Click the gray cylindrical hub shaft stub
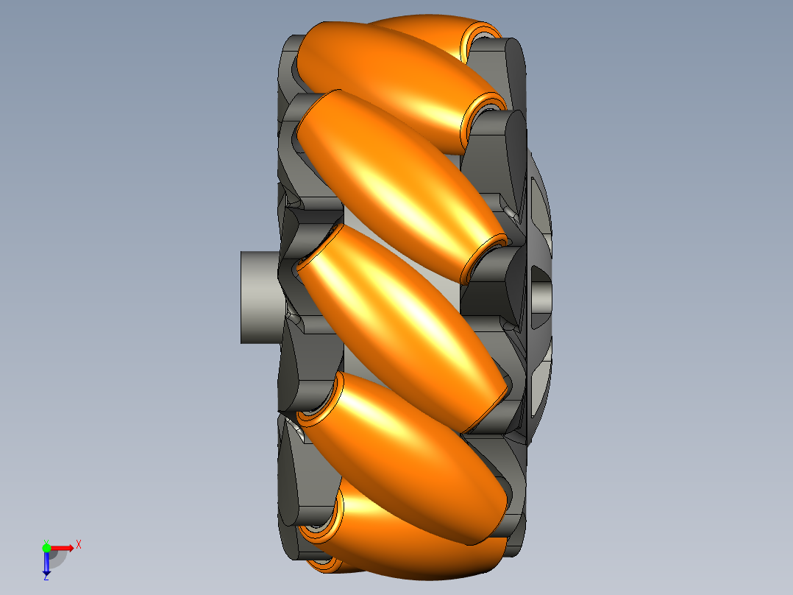(260, 297)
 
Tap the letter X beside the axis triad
(79, 545)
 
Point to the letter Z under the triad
(46, 577)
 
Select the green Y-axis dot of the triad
(46, 548)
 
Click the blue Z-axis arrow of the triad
(46, 563)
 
